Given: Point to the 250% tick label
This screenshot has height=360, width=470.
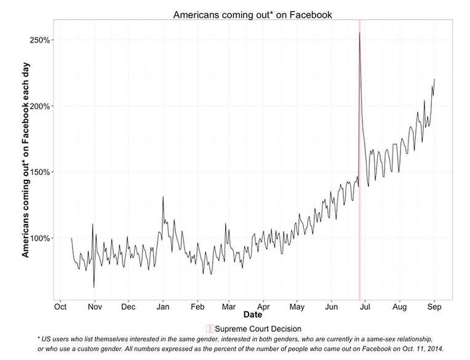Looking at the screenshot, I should tap(40, 40).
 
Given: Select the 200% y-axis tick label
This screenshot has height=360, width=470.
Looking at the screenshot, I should tap(40, 106).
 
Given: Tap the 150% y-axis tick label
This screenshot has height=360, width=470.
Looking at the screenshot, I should tap(40, 172).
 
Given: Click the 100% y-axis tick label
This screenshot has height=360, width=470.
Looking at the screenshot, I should tap(40, 238).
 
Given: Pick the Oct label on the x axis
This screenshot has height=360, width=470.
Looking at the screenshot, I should tap(60, 306).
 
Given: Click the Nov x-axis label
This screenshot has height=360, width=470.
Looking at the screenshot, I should tap(94, 306).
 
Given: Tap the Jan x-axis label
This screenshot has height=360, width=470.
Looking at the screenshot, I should tap(163, 306).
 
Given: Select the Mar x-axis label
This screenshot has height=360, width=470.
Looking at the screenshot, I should tap(229, 306).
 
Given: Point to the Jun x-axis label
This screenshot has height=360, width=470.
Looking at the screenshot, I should tap(332, 306).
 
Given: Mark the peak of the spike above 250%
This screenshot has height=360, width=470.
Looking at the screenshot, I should tap(359, 32).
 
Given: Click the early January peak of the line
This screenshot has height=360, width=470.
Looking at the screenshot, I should tap(163, 197).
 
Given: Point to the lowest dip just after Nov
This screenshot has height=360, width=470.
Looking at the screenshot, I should tap(94, 287).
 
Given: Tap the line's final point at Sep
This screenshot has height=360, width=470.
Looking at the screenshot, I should tap(434, 79).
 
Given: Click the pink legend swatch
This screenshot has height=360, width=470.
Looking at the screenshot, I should tap(210, 329).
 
